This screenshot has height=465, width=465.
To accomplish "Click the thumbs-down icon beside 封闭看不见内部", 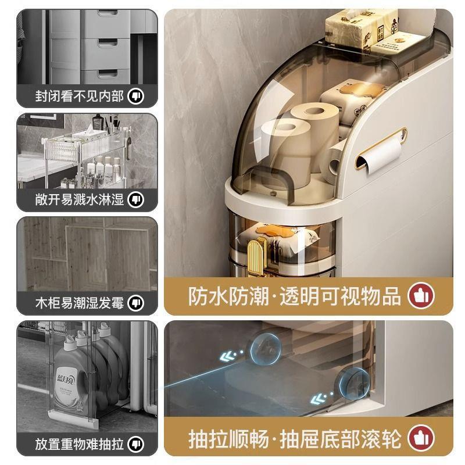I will pyautogui.click(x=136, y=95).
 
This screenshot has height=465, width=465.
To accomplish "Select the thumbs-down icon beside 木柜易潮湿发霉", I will pyautogui.click(x=136, y=302).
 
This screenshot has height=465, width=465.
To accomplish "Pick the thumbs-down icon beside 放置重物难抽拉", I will pyautogui.click(x=136, y=445).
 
